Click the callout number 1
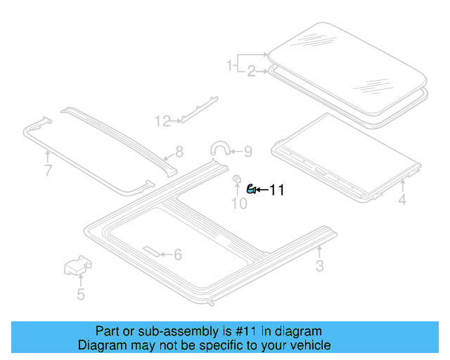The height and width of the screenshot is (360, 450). coord(229,65)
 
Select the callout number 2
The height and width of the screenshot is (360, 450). coord(251,70)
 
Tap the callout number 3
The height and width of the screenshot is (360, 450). coord(319,266)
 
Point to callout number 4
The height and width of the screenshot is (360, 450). coord(402,200)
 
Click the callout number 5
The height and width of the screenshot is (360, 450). coord(81,294)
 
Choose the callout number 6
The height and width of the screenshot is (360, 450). coord(177,255)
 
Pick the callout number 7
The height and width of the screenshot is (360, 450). coord(48,170)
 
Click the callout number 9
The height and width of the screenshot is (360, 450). coord(247,150)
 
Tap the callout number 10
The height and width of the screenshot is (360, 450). coord(239,203)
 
